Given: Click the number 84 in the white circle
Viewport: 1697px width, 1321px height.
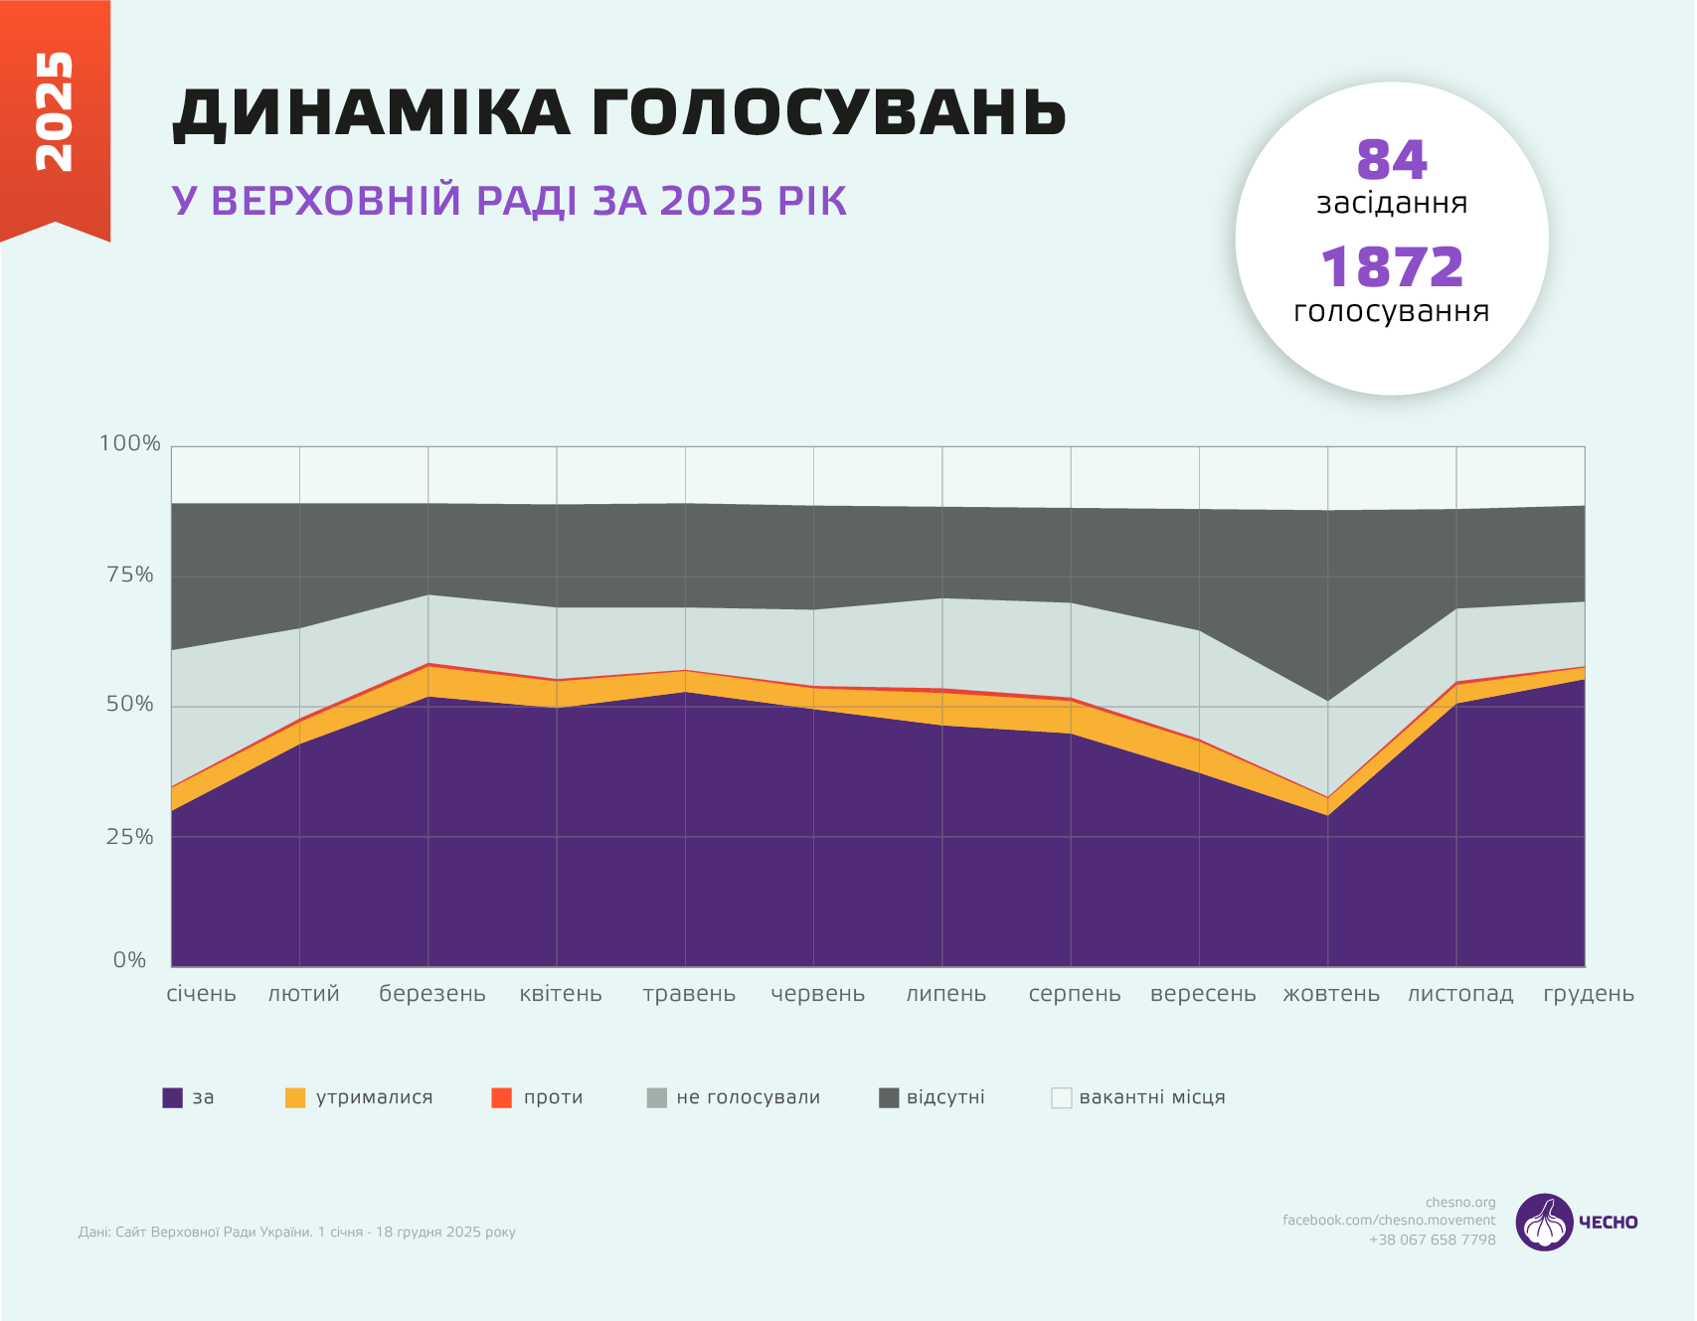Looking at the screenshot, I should tap(1391, 160).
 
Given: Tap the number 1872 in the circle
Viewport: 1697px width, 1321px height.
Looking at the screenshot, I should tap(1391, 267).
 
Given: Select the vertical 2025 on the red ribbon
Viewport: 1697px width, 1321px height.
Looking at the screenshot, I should tap(54, 111).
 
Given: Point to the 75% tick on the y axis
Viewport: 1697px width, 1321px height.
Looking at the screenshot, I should tap(130, 575).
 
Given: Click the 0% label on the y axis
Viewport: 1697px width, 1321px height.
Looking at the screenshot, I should tap(129, 960).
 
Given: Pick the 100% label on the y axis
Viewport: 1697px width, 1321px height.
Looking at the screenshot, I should tap(129, 443).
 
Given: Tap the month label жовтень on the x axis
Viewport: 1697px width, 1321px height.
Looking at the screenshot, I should tap(1331, 994).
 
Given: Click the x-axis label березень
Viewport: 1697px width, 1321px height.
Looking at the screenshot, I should tap(432, 994).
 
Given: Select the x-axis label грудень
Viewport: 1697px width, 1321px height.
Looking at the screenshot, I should tap(1588, 994).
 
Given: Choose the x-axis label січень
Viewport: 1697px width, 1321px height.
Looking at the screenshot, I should tap(202, 994).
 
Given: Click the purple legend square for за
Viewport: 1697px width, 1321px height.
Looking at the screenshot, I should tap(173, 1098).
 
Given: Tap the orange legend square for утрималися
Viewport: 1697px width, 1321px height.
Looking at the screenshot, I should tap(295, 1098).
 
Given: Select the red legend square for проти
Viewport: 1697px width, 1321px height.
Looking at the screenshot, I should tap(502, 1098).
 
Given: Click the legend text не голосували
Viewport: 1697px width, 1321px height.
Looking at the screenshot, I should tap(748, 1097).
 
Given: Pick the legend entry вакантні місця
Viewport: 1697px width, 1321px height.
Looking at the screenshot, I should tap(1151, 1097).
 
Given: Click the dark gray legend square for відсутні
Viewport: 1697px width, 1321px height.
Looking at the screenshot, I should tap(889, 1098).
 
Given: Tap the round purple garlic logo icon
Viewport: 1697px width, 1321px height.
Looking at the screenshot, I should tap(1544, 1223).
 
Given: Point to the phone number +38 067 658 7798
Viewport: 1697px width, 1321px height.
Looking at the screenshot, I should tap(1432, 1239).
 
